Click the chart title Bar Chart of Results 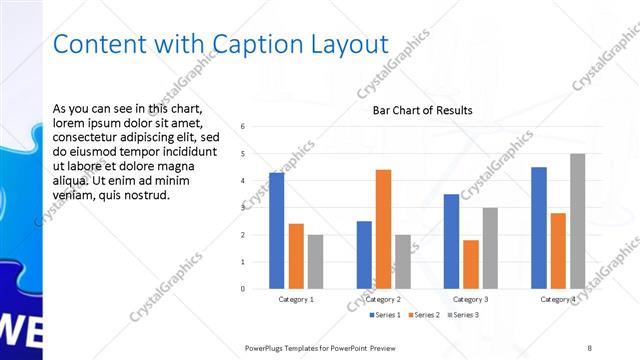(x=422, y=110)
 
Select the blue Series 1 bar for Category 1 (x=276, y=230)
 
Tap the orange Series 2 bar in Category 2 (x=383, y=229)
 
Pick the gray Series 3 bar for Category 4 (x=577, y=221)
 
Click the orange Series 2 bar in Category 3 (x=470, y=264)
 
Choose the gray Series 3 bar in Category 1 (x=315, y=261)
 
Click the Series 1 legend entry (x=385, y=315)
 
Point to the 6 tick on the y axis (x=243, y=126)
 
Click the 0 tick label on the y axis (x=243, y=289)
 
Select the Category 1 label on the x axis (x=296, y=299)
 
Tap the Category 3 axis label (x=470, y=299)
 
